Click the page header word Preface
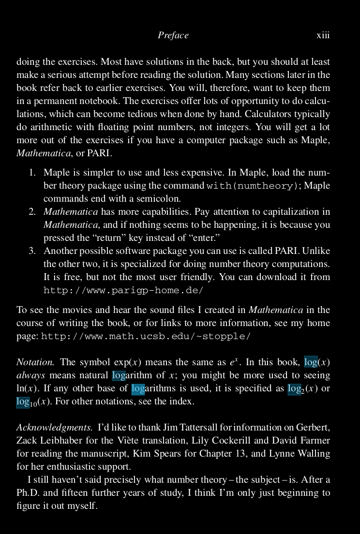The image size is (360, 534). tap(173, 35)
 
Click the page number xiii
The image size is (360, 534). tap(323, 35)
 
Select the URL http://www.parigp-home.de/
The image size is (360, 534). tap(123, 290)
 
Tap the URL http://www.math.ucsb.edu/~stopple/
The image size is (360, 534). tap(146, 336)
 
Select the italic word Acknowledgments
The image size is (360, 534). tap(54, 428)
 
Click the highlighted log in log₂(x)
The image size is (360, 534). tap(294, 388)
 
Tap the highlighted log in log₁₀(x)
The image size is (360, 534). tap(23, 401)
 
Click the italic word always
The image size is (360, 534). tap(30, 375)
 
